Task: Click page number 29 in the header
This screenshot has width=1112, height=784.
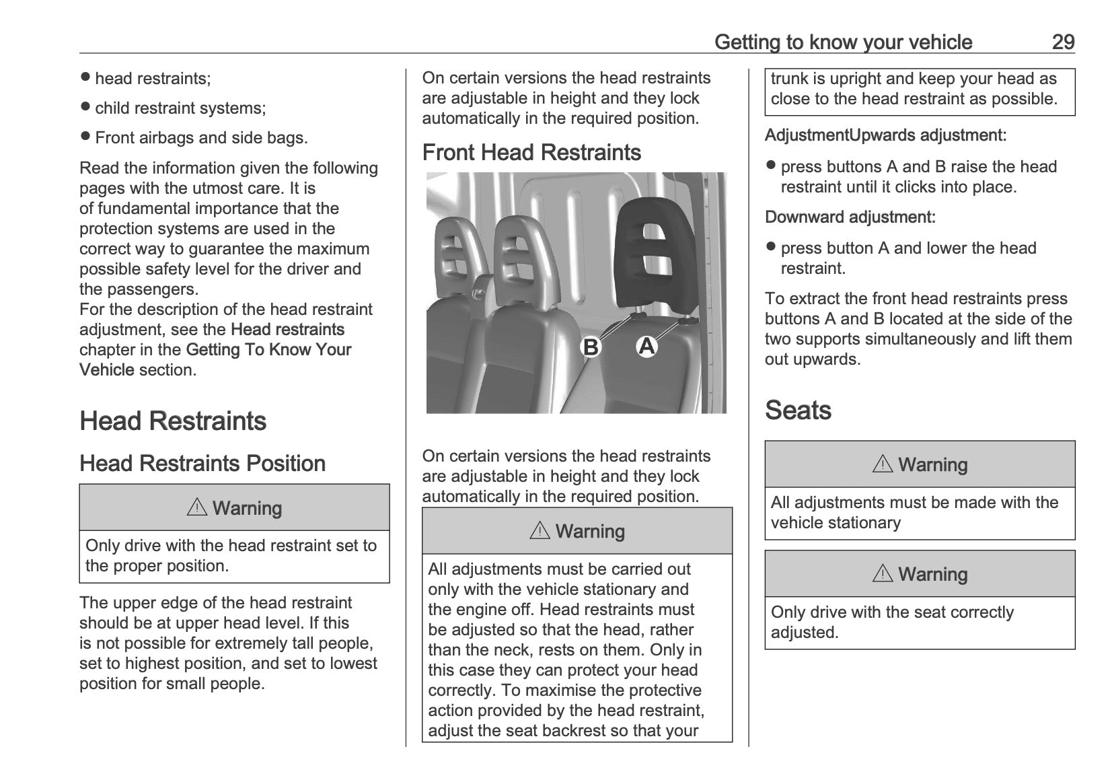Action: tap(1063, 42)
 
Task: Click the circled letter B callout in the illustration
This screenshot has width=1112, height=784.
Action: tap(591, 347)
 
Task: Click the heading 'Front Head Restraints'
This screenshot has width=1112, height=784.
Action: tap(531, 153)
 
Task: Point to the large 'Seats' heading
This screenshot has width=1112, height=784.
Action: tap(798, 411)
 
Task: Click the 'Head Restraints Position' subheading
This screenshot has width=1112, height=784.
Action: tap(202, 464)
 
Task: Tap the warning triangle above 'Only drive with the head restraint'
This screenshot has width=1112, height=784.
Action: tap(197, 508)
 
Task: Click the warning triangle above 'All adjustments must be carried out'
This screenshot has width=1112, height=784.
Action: tap(540, 531)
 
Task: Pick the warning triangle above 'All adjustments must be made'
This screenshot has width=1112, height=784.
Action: tap(883, 464)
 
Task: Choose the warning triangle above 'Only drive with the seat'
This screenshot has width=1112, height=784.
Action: tap(883, 574)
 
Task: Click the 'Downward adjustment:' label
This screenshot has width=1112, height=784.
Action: tap(850, 217)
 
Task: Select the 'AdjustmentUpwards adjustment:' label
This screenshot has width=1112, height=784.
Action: tap(885, 135)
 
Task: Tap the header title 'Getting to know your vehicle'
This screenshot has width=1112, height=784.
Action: tap(843, 42)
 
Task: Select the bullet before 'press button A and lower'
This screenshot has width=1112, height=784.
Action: tap(771, 247)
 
